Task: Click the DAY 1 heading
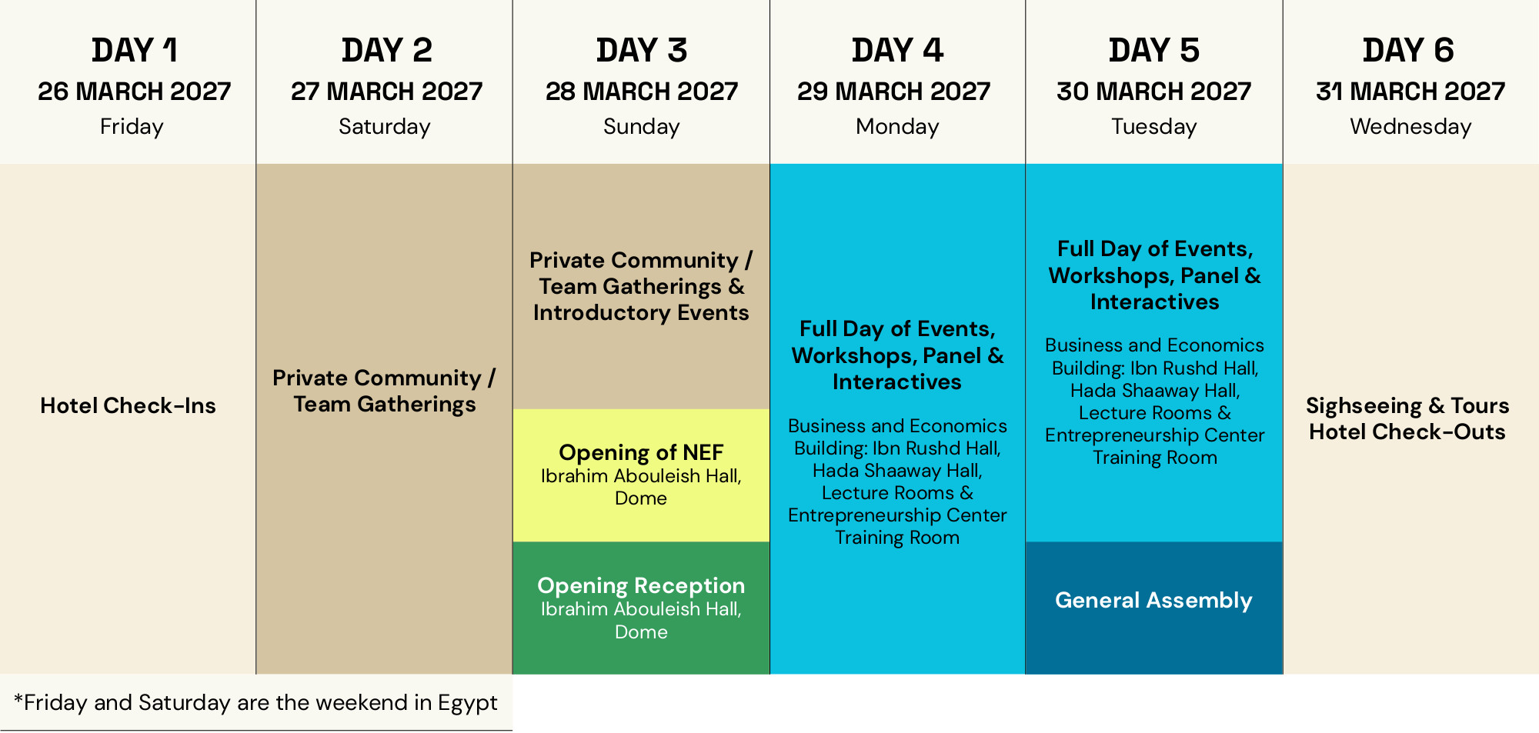[x=135, y=51]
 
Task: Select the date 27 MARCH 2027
[x=386, y=92]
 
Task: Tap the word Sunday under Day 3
[x=641, y=126]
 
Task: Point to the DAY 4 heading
[x=897, y=51]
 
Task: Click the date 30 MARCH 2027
[x=1153, y=92]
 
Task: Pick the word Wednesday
[x=1410, y=126]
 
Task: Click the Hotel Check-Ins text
[x=128, y=405]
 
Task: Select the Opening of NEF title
[x=641, y=452]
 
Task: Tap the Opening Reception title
[x=641, y=585]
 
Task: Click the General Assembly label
[x=1153, y=600]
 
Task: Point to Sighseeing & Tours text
[x=1407, y=405]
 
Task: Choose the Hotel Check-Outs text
[x=1407, y=431]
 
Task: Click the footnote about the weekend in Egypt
[x=255, y=702]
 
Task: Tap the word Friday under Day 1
[x=132, y=126]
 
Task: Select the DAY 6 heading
[x=1408, y=51]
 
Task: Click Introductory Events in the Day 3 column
[x=641, y=312]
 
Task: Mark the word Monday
[x=897, y=126]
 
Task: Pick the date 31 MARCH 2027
[x=1410, y=92]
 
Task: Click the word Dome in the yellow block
[x=641, y=498]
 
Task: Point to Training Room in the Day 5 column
[x=1155, y=458]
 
